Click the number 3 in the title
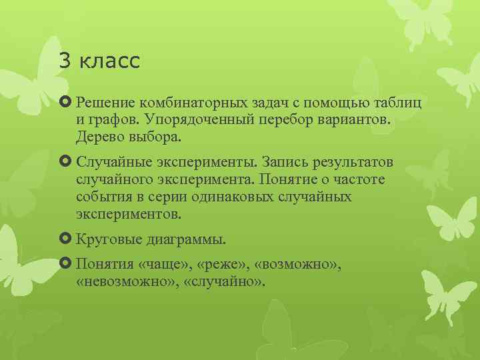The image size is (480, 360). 65,61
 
